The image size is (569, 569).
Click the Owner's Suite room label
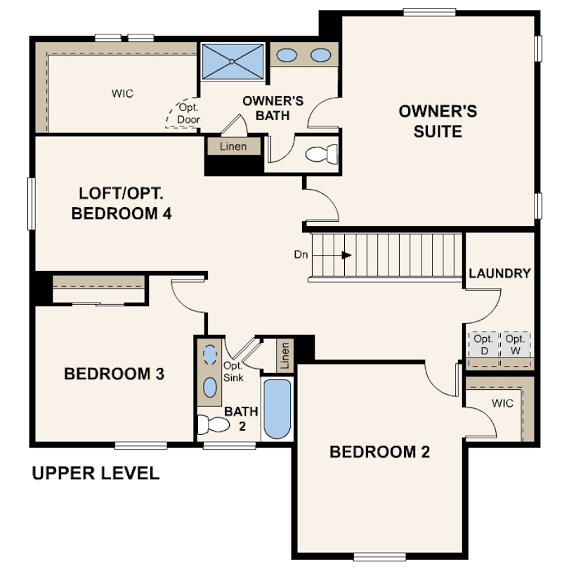coord(438,122)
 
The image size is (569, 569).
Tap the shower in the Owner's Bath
coord(233,61)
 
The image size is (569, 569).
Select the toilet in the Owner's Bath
coord(322,154)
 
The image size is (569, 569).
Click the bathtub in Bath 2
coord(277,409)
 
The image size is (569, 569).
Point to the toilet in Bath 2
coord(213,424)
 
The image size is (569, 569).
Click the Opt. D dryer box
coord(484,344)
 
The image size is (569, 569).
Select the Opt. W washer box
coord(516,344)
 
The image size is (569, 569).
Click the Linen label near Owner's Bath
coord(233,146)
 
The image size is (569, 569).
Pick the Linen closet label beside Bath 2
coord(285,355)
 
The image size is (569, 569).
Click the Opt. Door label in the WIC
coord(188,114)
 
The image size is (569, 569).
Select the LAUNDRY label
coord(499,273)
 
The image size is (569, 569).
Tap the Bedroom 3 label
coord(114,374)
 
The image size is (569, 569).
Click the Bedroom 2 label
coord(379,452)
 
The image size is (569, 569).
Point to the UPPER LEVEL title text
coord(96,473)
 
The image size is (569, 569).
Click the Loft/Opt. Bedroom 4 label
coord(122,203)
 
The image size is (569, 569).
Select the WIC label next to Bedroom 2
coord(502,403)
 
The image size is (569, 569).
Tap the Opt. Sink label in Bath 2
coord(233,372)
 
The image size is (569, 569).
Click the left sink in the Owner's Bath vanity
coord(287,55)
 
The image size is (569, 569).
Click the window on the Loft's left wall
coord(32,204)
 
